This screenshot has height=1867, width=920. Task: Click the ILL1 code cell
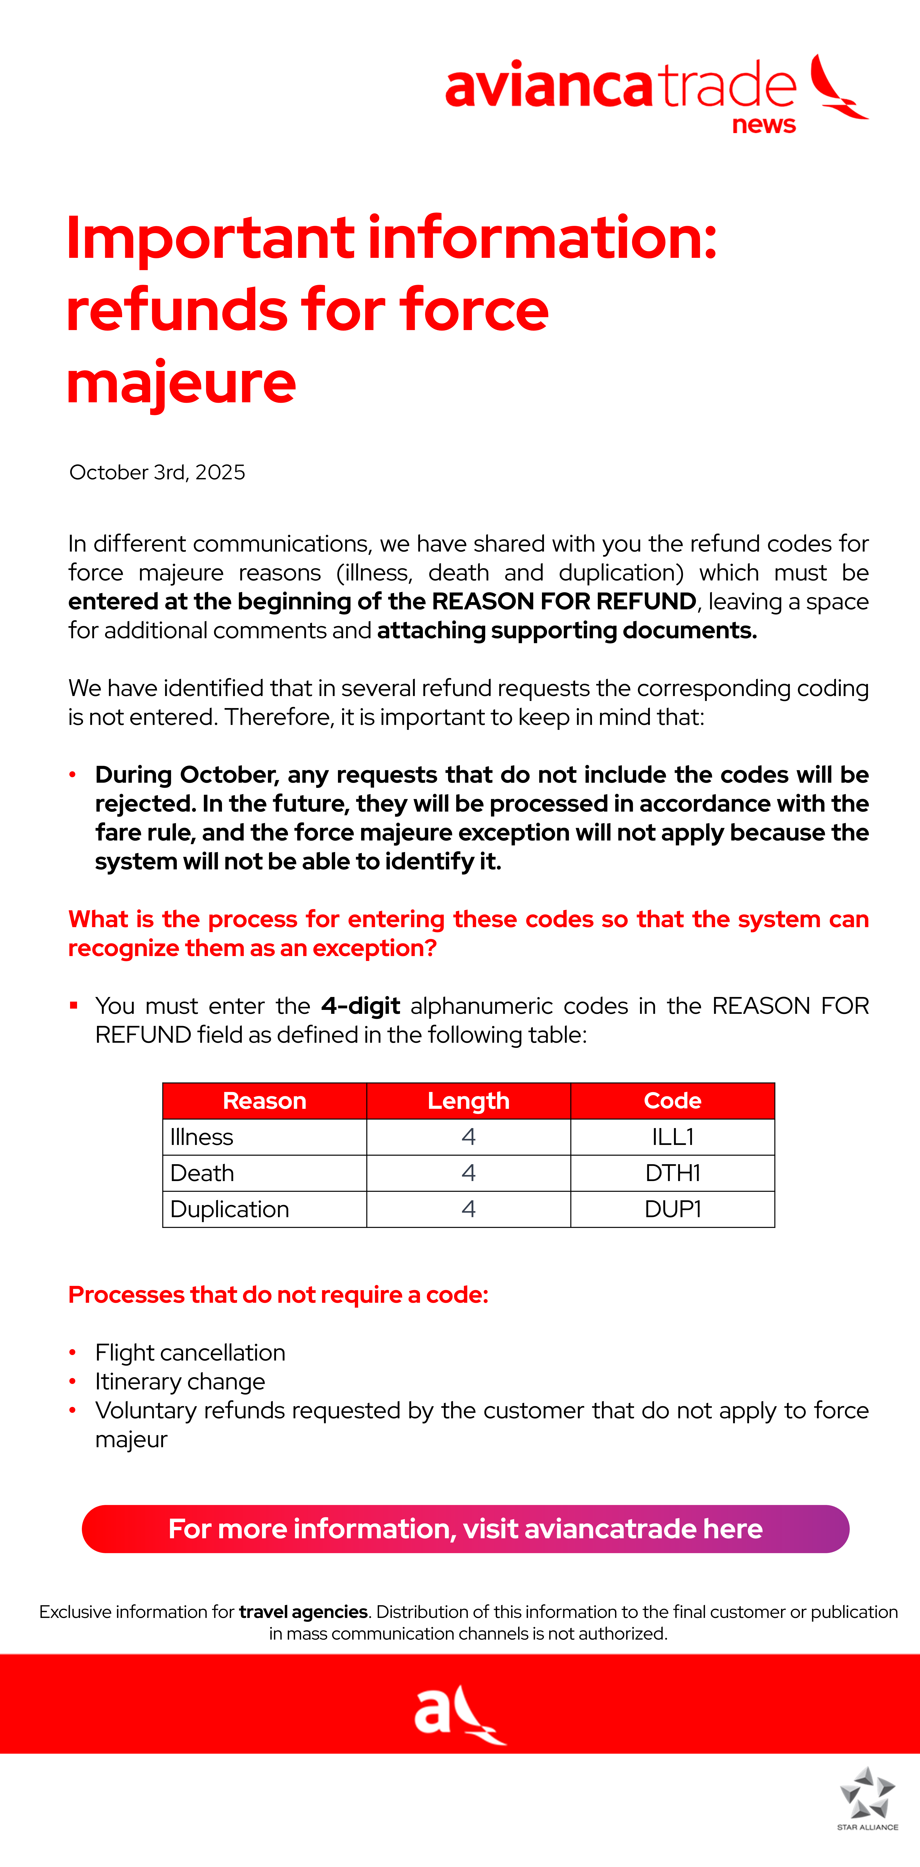click(x=672, y=1136)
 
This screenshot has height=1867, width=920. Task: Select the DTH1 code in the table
click(x=672, y=1173)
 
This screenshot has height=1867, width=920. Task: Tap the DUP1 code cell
click(x=672, y=1209)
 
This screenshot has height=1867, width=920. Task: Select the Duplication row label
click(x=229, y=1209)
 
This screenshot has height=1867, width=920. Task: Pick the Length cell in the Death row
click(x=468, y=1173)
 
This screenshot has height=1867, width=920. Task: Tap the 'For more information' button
click(x=465, y=1529)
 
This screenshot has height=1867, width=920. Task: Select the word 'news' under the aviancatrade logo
click(x=763, y=125)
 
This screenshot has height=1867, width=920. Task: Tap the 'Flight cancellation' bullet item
click(x=190, y=1352)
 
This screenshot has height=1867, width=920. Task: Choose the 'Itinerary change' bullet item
click(x=180, y=1381)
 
